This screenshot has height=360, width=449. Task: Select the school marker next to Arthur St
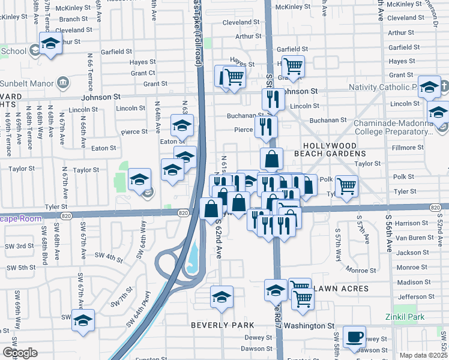click(51, 43)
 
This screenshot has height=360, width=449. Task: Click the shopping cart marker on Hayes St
click(293, 66)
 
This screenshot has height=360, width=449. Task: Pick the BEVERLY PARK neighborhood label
click(219, 325)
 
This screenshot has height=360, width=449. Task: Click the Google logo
click(20, 352)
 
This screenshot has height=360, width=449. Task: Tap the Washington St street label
click(309, 326)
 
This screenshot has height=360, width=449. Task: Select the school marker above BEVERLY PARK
click(221, 297)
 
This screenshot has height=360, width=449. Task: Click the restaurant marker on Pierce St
click(265, 127)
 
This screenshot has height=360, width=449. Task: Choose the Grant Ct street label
click(143, 73)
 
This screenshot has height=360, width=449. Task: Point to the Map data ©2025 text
click(423, 355)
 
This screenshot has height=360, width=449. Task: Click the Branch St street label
click(74, 19)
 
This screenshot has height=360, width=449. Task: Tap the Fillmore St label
click(407, 147)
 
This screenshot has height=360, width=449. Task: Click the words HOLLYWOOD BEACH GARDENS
click(338, 150)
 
